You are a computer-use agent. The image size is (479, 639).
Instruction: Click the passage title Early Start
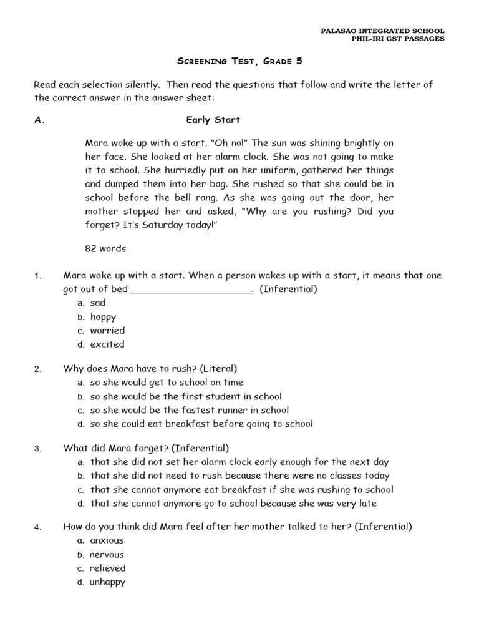213,120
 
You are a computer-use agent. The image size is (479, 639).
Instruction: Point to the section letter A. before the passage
40,120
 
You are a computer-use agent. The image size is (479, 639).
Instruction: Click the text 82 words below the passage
105,248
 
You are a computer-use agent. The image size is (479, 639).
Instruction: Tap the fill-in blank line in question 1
191,290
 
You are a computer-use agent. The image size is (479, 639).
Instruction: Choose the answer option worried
107,331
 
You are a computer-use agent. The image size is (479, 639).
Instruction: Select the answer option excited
107,344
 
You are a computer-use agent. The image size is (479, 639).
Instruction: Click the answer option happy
103,317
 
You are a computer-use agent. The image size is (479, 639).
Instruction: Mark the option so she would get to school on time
167,383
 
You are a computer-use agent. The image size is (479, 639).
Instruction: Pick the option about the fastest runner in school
189,411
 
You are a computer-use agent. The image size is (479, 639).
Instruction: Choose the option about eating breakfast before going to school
201,424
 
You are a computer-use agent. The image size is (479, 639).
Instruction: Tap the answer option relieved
107,568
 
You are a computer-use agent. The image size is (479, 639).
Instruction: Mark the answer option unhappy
107,582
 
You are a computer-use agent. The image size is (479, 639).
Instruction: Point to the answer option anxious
107,541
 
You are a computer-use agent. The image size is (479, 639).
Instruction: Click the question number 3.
37,449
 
